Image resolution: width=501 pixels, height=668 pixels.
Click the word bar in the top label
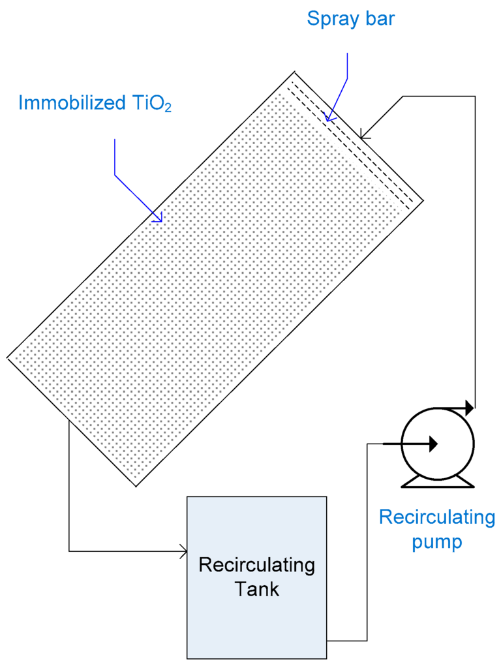(x=380, y=19)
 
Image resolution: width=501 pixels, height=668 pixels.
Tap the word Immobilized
(x=71, y=103)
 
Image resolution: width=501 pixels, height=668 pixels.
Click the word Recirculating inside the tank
(x=256, y=565)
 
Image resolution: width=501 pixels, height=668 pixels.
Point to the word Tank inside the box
(x=256, y=589)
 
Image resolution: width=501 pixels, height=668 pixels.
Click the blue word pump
(x=437, y=542)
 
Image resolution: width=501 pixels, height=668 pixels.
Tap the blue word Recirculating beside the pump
(x=437, y=518)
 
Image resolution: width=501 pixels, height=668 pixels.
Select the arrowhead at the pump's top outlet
(x=468, y=408)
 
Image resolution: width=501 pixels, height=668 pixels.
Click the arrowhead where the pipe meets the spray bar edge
(x=364, y=136)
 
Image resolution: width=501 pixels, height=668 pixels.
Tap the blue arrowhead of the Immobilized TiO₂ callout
(x=157, y=219)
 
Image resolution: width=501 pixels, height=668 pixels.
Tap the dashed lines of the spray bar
(x=352, y=144)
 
